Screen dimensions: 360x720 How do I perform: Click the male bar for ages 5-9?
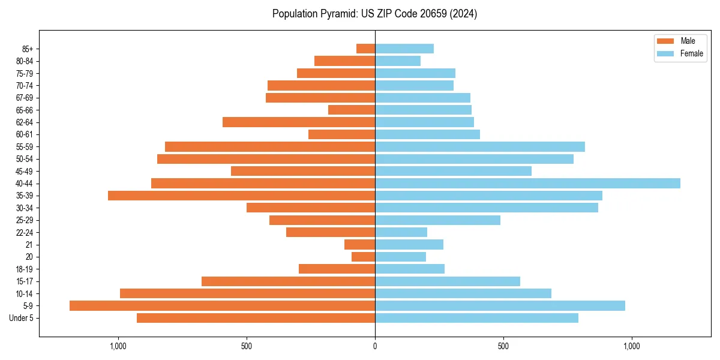tap(222, 306)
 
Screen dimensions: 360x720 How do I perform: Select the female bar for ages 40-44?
tap(527, 184)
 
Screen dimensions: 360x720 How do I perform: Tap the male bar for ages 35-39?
tap(241, 196)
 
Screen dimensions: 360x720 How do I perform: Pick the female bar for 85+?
tap(404, 49)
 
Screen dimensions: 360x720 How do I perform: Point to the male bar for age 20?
tap(363, 257)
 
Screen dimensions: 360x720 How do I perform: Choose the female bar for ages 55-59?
tap(480, 146)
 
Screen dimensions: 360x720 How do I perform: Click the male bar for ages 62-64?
tap(299, 122)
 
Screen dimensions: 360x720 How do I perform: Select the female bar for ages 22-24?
tap(401, 232)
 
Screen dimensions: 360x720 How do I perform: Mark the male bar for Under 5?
tap(256, 318)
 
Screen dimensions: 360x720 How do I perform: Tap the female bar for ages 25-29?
tap(437, 220)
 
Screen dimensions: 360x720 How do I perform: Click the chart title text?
tap(374, 14)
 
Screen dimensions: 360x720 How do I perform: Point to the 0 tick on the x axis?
tap(375, 346)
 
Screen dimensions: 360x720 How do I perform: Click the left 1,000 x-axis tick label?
tap(118, 346)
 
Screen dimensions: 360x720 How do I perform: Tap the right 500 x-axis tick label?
tap(503, 346)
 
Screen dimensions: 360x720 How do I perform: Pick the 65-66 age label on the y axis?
tap(25, 110)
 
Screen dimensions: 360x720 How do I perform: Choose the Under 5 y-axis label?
tap(22, 318)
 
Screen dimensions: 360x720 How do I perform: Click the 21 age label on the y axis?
tap(29, 245)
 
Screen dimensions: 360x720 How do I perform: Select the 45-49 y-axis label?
tap(25, 171)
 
